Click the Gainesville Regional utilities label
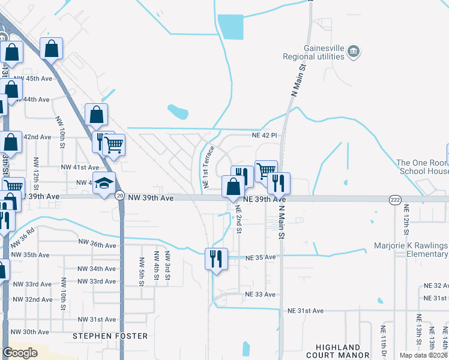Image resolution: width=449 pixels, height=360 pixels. click(x=313, y=53)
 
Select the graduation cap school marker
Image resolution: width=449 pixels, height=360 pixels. click(x=104, y=184)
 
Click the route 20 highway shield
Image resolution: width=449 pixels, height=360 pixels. click(x=120, y=196)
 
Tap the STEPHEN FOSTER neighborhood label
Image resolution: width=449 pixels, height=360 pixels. click(x=110, y=336)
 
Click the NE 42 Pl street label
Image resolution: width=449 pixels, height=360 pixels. click(x=265, y=136)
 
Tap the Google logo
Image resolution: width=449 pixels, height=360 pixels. click(x=20, y=352)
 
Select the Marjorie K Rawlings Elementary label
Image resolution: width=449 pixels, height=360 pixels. click(x=411, y=250)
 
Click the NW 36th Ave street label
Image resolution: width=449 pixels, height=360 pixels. click(x=97, y=244)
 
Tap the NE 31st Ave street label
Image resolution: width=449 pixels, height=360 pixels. click(x=306, y=311)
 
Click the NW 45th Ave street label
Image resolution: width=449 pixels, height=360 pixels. click(x=34, y=79)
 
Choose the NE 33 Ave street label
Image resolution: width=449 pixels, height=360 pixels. click(x=260, y=295)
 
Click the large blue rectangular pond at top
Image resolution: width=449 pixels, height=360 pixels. click(x=230, y=26)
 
